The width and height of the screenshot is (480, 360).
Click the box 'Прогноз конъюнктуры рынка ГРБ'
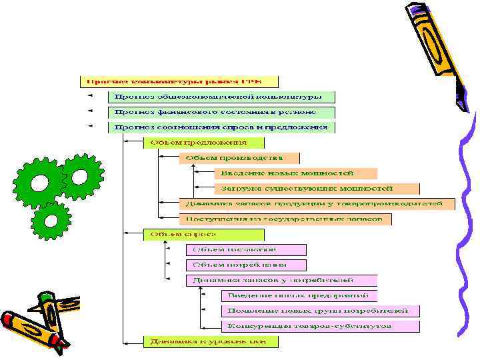point(171,81)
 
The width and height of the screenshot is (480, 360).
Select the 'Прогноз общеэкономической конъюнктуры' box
point(222,97)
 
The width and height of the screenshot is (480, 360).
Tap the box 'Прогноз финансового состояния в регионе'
point(222,112)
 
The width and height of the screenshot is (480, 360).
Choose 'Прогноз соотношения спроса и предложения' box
point(222,127)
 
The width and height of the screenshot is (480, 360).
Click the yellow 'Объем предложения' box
point(204,143)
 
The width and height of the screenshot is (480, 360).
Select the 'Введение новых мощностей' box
point(295,173)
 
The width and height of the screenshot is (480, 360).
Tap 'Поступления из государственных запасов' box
point(285,219)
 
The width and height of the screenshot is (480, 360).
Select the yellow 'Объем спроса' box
point(204,235)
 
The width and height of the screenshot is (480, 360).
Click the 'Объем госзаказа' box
point(246,250)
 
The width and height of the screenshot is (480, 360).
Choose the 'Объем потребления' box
point(246,265)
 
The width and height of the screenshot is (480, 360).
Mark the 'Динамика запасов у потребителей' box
point(281,281)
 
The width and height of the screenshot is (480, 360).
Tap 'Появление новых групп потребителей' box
point(320,311)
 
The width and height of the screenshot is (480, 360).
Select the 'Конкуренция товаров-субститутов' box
point(320,327)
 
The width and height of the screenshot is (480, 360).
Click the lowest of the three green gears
point(51,220)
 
